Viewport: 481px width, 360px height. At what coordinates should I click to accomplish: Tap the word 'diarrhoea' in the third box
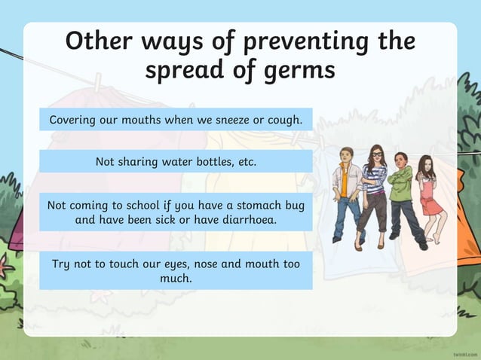pyautogui.click(x=246, y=219)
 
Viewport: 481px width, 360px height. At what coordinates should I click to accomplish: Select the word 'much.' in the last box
pyautogui.click(x=176, y=278)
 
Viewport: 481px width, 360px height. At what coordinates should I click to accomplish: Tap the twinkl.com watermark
pyautogui.click(x=465, y=352)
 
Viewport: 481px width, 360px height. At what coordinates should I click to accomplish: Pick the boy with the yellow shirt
pyautogui.click(x=348, y=192)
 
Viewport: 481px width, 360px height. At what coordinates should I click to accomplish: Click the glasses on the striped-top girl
pyautogui.click(x=376, y=154)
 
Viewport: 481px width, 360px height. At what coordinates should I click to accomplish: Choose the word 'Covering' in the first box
pyautogui.click(x=74, y=120)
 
